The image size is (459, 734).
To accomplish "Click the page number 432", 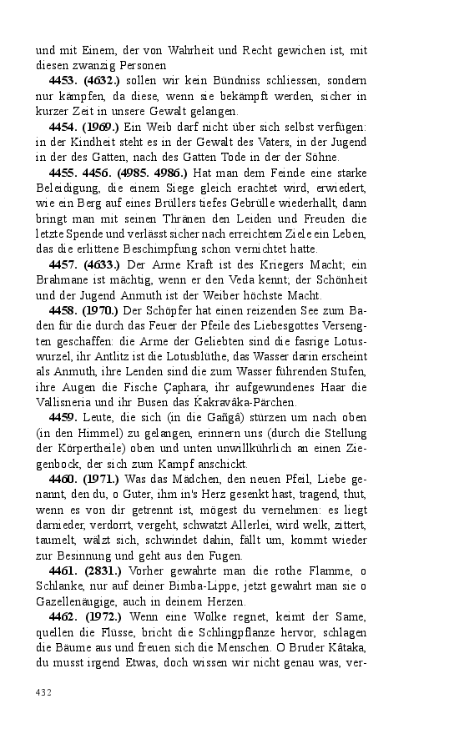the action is click(x=44, y=692).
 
